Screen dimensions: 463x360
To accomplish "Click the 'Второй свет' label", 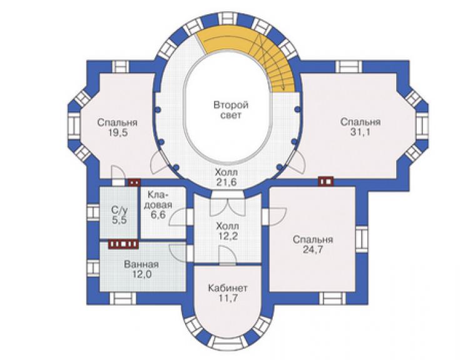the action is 231,110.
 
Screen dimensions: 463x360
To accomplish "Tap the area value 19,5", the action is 118,133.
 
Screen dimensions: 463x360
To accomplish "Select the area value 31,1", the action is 360,132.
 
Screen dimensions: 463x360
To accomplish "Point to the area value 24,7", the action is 313,250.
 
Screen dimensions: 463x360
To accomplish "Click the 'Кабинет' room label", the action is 228,288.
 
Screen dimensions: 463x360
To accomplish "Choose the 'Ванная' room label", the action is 141,264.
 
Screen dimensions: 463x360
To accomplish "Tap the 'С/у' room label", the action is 120,210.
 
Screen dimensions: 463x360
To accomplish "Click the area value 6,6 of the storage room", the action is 158,215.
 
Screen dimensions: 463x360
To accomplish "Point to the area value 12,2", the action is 227,237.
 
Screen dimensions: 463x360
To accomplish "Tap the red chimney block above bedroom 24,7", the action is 326,181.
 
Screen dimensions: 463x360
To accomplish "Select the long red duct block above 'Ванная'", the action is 123,244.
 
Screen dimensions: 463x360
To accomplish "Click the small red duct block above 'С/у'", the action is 134,182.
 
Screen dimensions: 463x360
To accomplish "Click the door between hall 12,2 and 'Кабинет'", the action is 227,257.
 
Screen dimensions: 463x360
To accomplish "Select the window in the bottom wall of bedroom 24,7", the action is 332,299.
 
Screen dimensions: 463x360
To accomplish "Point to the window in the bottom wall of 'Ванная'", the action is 123,299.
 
